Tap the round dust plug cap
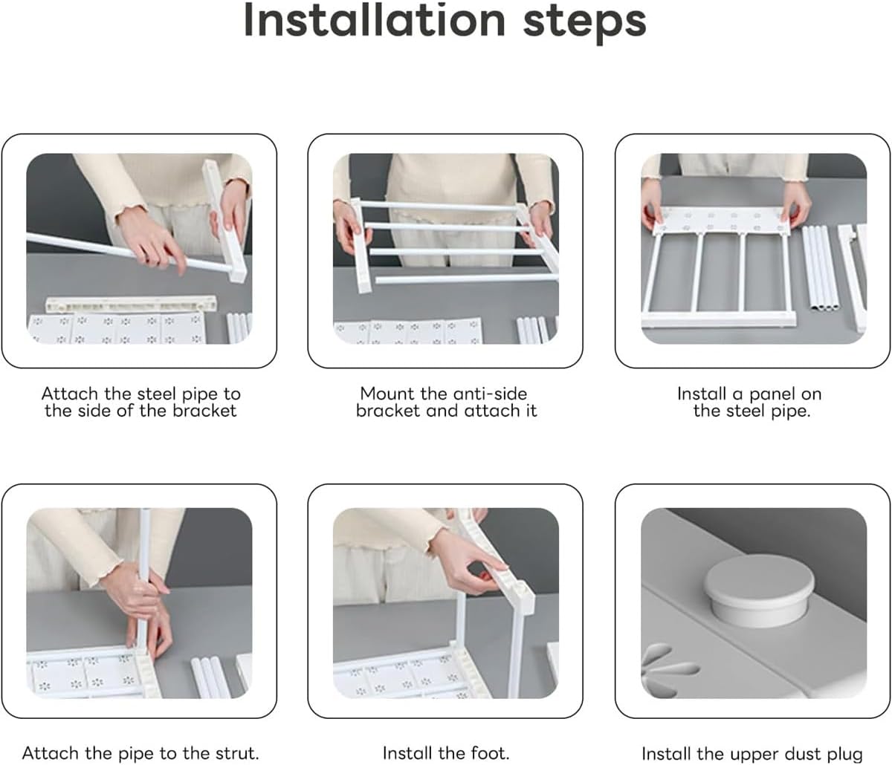tap(759, 590)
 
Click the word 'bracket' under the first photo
tap(204, 411)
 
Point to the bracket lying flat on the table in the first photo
tap(131, 304)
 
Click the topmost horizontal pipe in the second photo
tap(436, 206)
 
